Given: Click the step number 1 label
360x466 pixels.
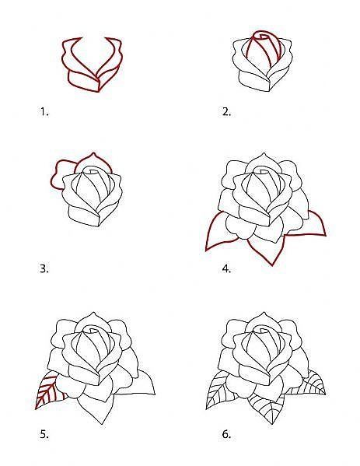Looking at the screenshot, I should click(x=44, y=112).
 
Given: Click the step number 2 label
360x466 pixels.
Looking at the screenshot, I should click(x=226, y=112).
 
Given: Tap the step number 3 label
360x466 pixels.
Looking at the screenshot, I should click(x=44, y=269).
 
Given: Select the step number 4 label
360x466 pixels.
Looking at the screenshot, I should click(x=226, y=269).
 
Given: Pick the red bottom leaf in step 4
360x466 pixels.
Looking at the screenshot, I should click(x=264, y=247).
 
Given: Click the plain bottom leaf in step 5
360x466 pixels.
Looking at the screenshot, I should click(x=96, y=408).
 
